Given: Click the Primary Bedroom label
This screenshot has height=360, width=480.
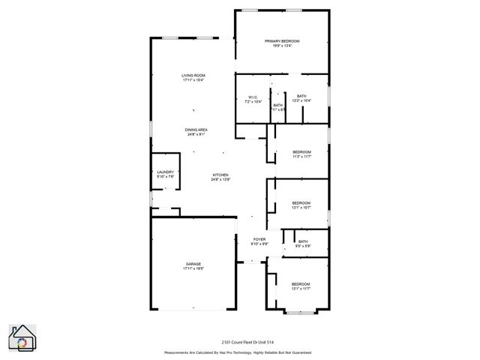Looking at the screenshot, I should (x=282, y=40).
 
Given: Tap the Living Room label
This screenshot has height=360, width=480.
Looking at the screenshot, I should (x=193, y=76).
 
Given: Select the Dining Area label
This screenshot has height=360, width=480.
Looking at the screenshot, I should (x=196, y=130).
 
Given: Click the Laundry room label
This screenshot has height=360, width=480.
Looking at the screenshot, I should (x=165, y=172).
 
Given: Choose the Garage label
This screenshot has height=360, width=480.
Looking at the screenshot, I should (x=193, y=263).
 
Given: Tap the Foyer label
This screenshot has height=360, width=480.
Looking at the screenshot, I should (x=259, y=238).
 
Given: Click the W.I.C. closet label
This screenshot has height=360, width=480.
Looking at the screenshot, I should (x=253, y=97).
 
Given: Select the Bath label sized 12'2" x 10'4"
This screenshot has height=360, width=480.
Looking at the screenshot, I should (x=301, y=96).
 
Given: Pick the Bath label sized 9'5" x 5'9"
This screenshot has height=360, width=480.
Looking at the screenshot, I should (x=302, y=241).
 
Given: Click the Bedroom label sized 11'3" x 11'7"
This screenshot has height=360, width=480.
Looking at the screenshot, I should (x=301, y=152).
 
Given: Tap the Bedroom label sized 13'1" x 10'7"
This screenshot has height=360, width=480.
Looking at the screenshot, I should (x=301, y=203).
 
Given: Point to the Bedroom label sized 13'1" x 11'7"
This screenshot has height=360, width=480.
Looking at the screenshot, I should (x=301, y=283).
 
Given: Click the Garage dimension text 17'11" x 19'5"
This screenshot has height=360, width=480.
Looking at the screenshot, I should (x=194, y=268).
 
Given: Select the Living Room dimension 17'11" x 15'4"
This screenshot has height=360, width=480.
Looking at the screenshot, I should (x=193, y=81).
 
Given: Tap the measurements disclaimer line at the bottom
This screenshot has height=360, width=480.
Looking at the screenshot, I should (x=238, y=352).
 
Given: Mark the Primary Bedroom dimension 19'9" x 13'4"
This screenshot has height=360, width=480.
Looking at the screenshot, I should (x=282, y=46).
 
